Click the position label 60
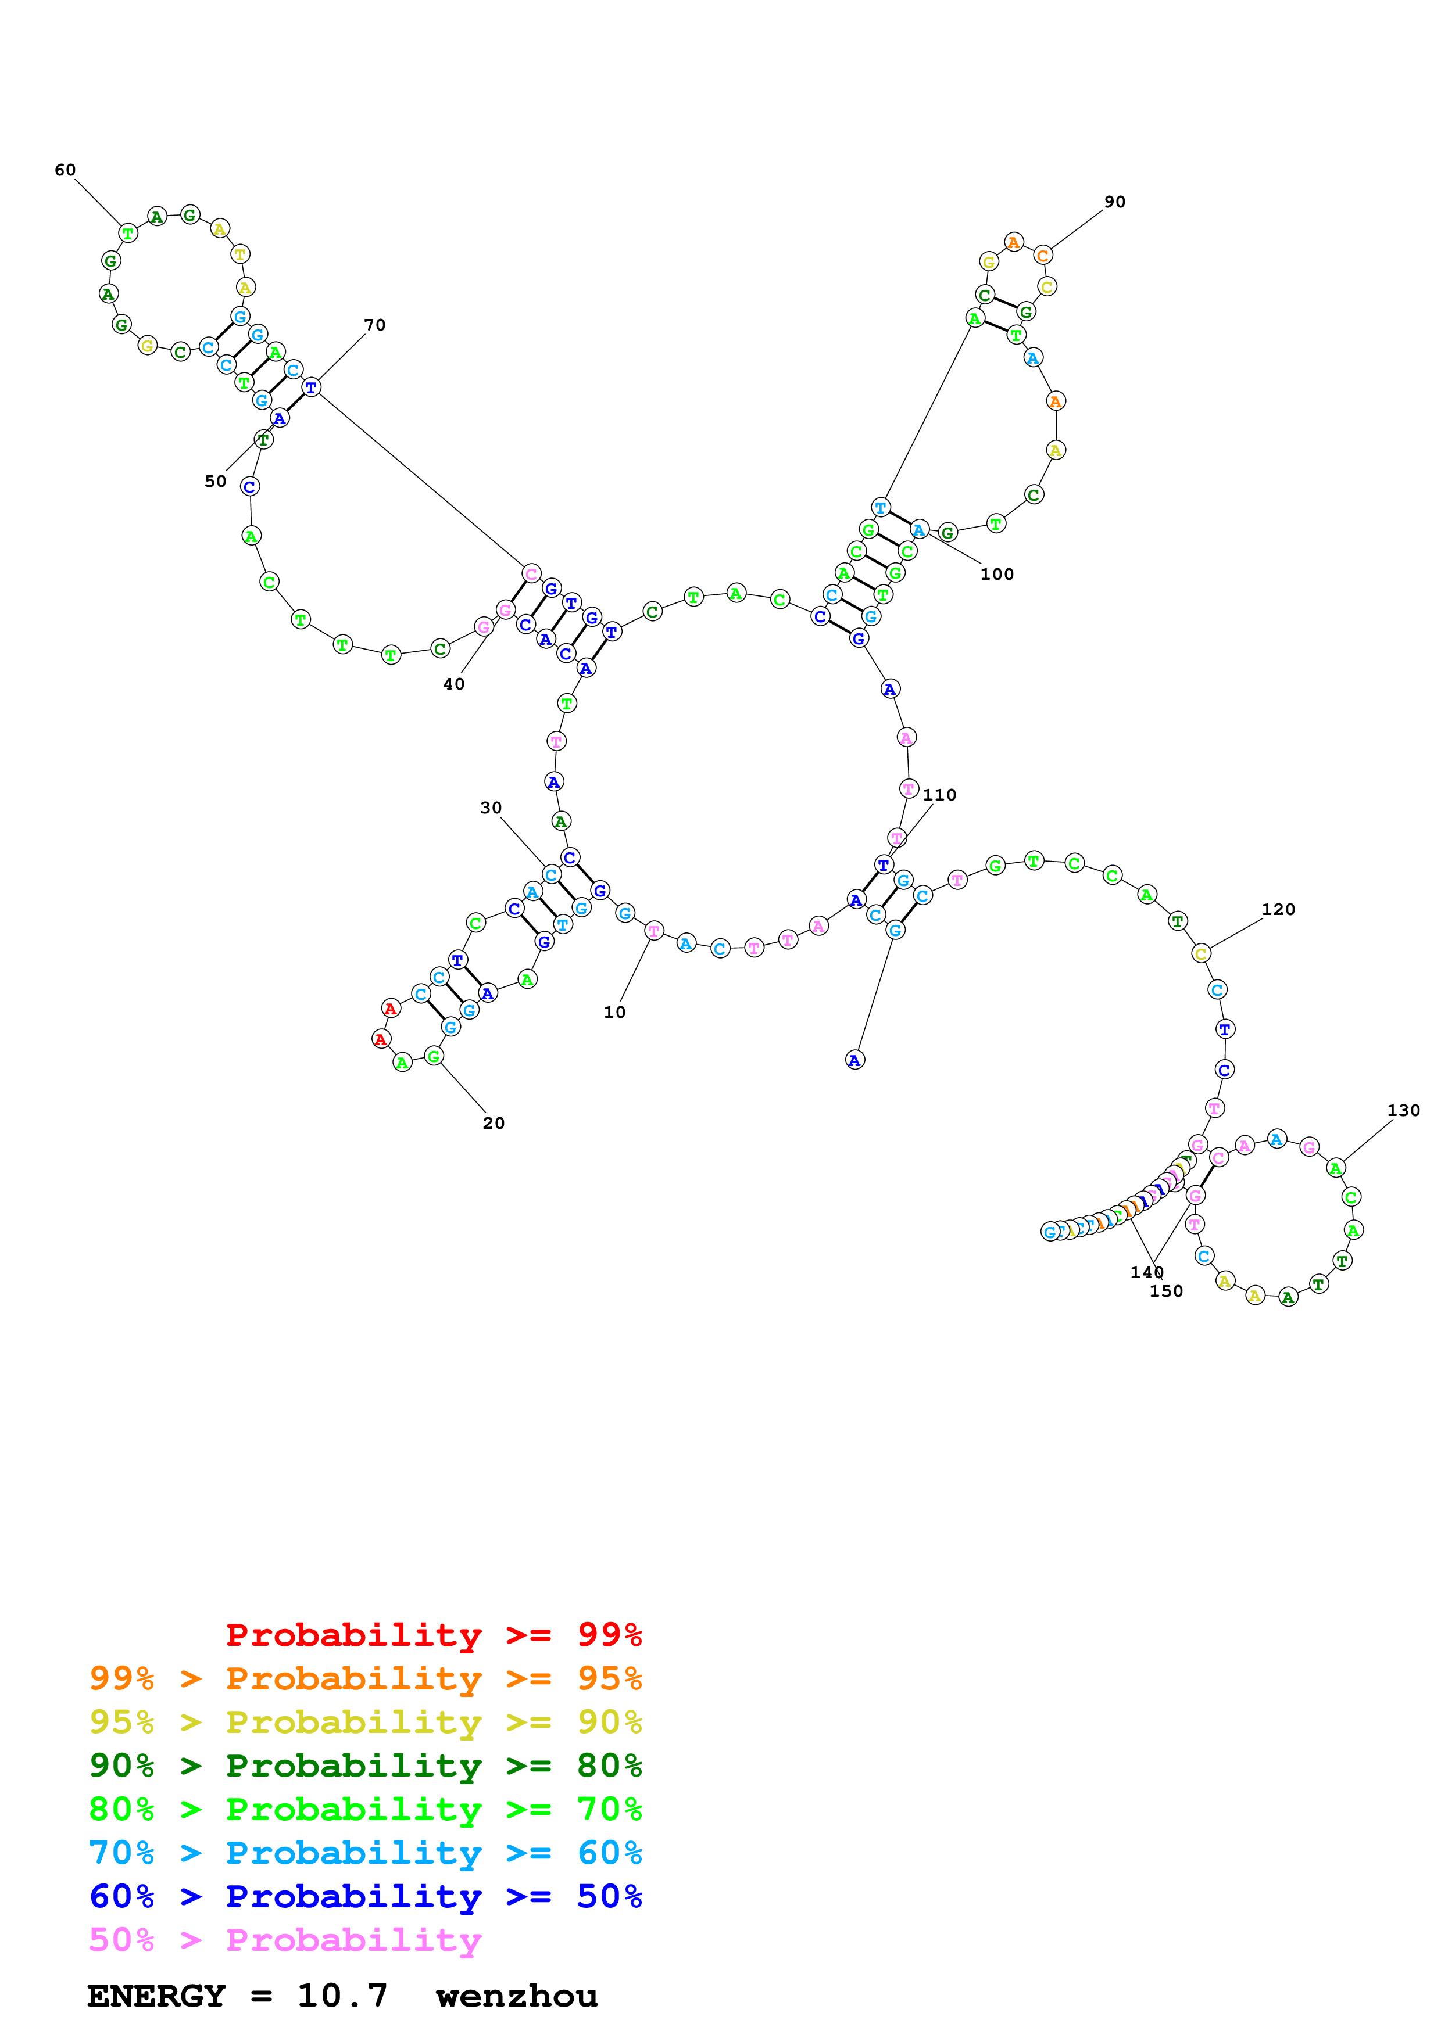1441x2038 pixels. pyautogui.click(x=65, y=170)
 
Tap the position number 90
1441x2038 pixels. pyautogui.click(x=1114, y=202)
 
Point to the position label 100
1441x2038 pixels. pyautogui.click(x=996, y=575)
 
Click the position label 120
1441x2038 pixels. pyautogui.click(x=1278, y=910)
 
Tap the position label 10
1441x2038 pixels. pyautogui.click(x=614, y=1012)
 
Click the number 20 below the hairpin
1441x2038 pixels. pyautogui.click(x=494, y=1123)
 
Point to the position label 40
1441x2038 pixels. pyautogui.click(x=454, y=684)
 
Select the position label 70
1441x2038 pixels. pyautogui.click(x=375, y=325)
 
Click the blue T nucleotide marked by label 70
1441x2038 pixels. pyautogui.click(x=311, y=387)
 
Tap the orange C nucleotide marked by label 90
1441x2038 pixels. pyautogui.click(x=1042, y=256)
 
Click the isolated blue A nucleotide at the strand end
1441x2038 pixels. pyautogui.click(x=854, y=1060)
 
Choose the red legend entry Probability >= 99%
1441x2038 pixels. pyautogui.click(x=433, y=1634)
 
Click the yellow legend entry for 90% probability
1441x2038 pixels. pyautogui.click(x=365, y=1721)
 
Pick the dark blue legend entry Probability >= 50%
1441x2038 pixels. pyautogui.click(x=365, y=1896)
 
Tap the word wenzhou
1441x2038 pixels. pyautogui.click(x=517, y=1996)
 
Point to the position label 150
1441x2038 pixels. pyautogui.click(x=1166, y=1291)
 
